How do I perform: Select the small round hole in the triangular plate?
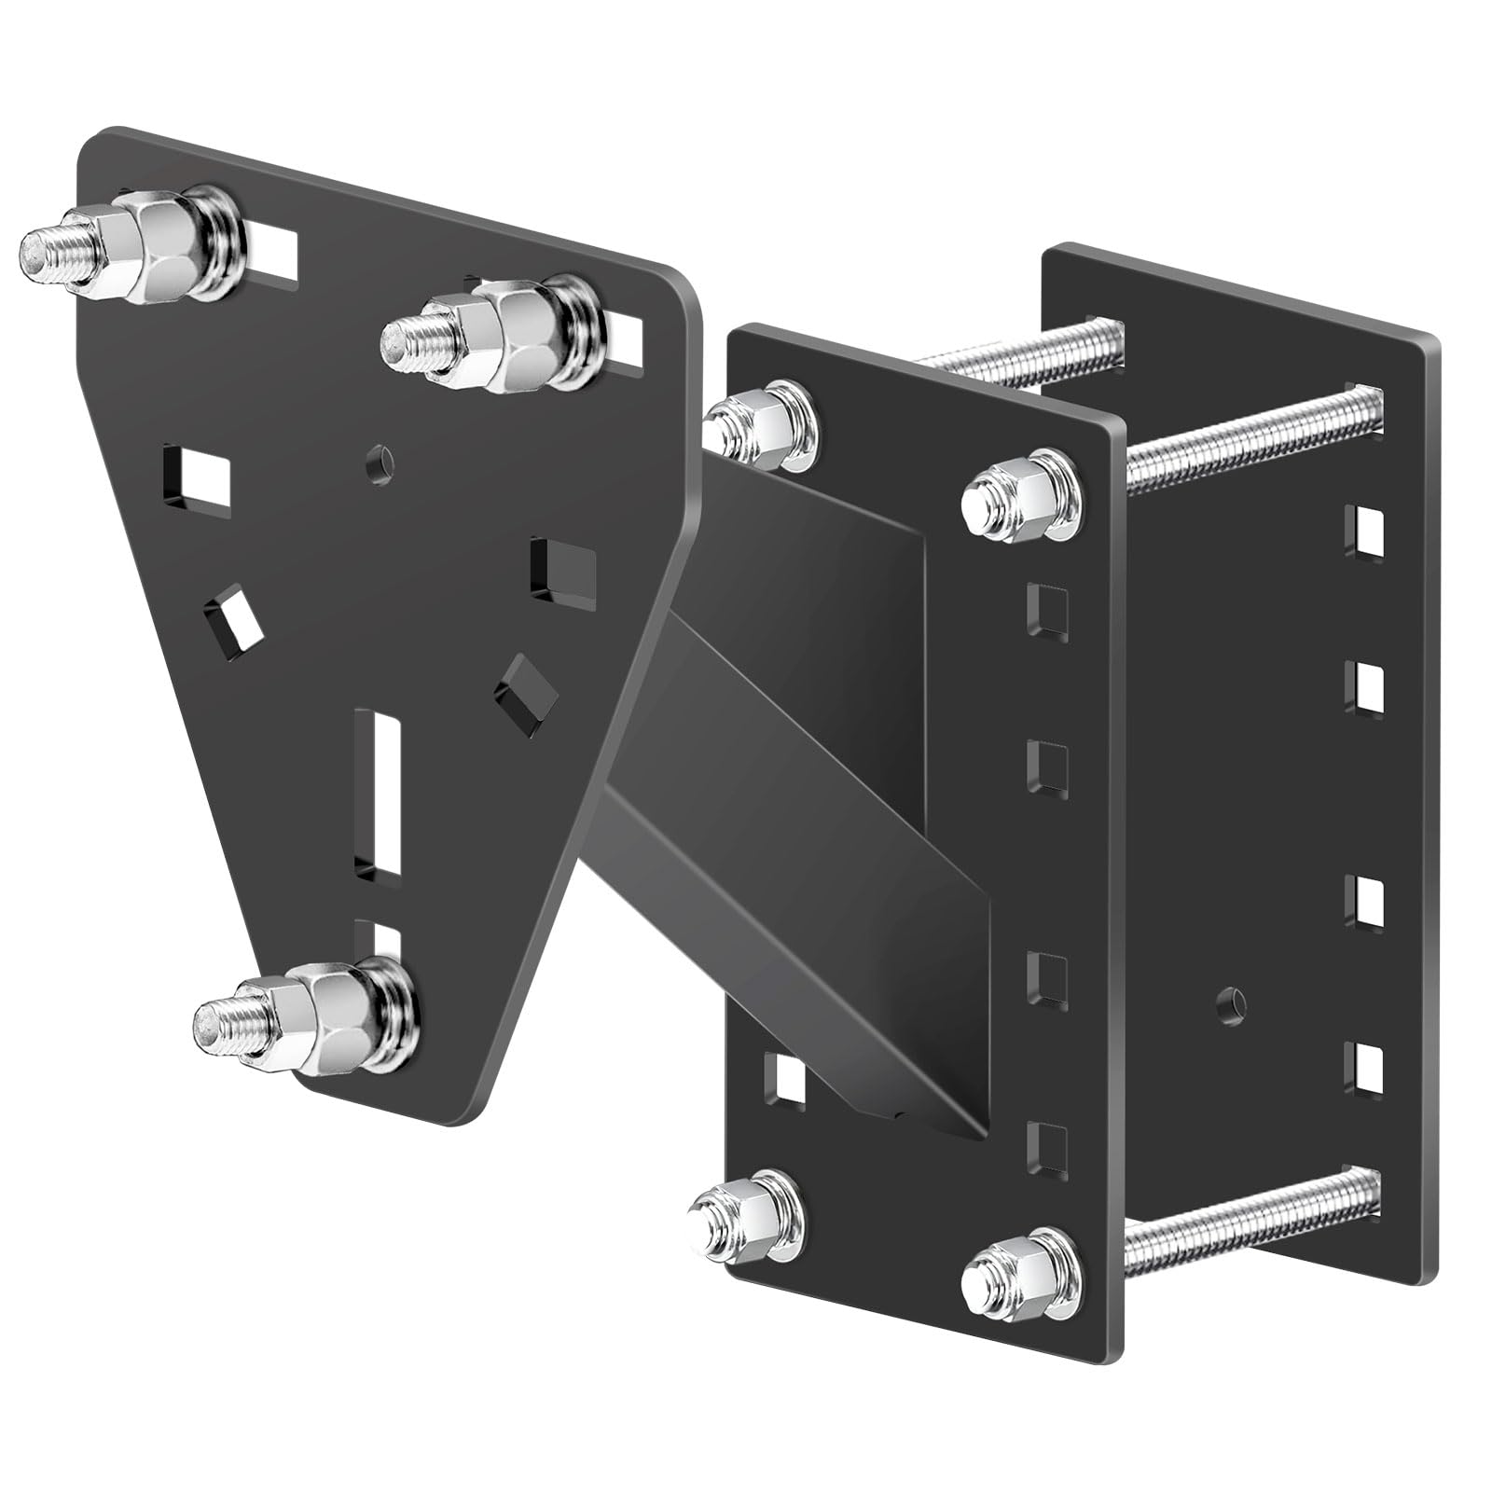click(380, 461)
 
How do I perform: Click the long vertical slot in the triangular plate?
click(378, 793)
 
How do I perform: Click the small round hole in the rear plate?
click(1230, 1002)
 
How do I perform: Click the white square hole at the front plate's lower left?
click(785, 1079)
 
